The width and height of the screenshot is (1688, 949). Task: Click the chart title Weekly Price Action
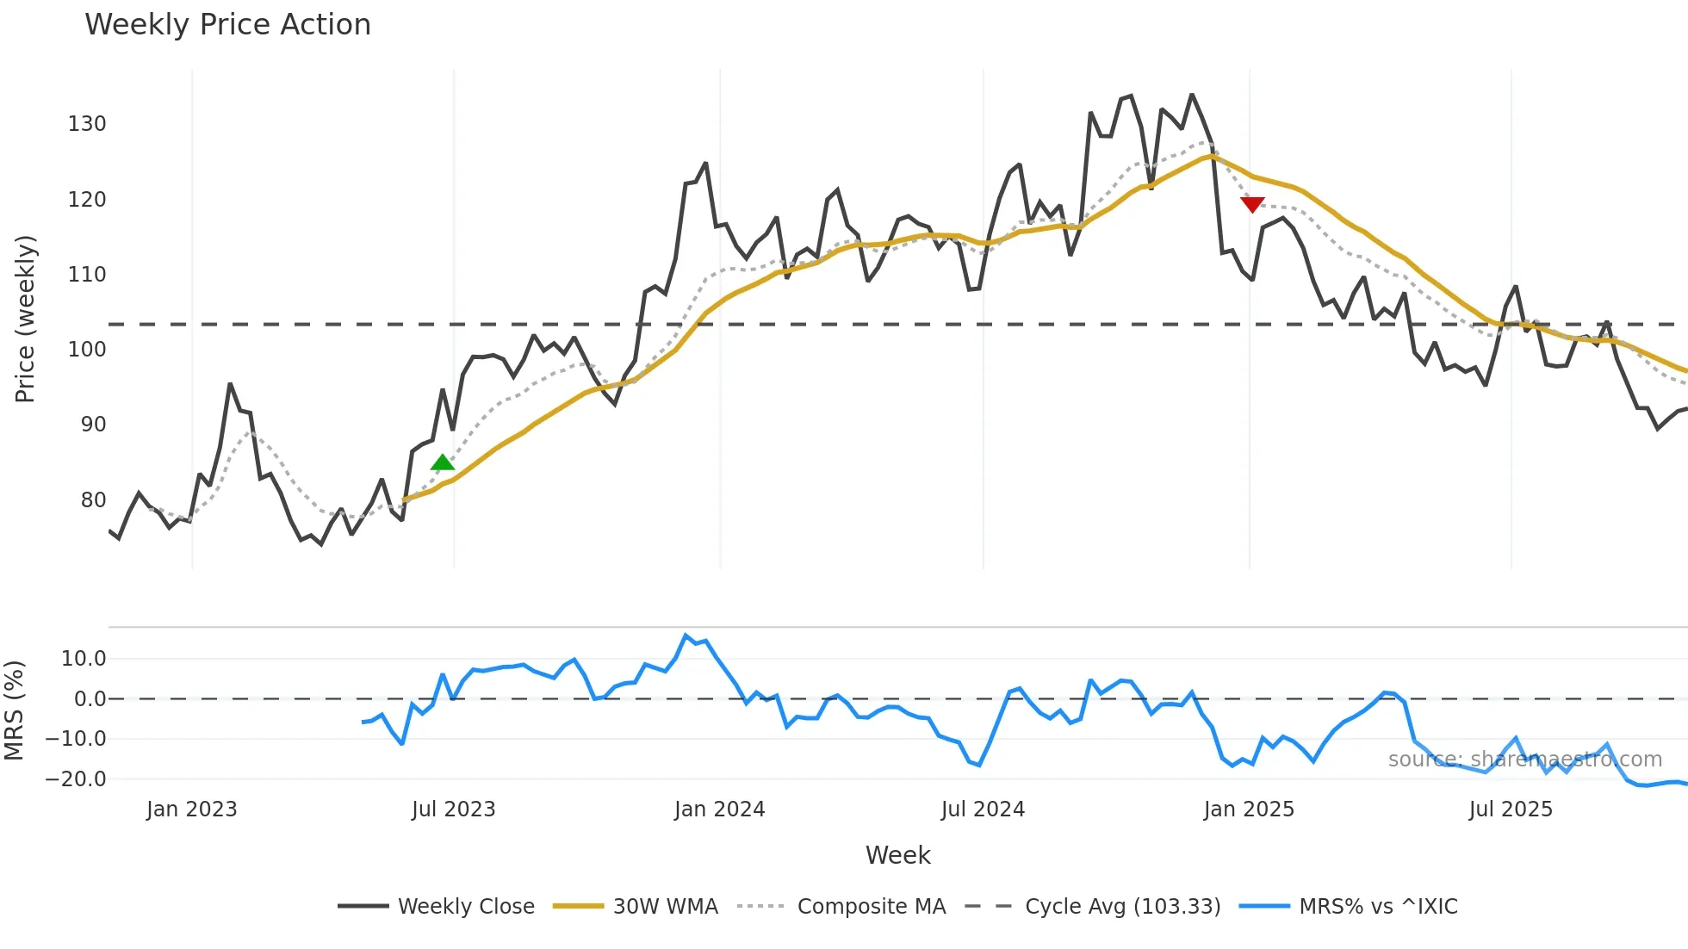coord(227,25)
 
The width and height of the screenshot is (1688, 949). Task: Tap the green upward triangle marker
coord(443,463)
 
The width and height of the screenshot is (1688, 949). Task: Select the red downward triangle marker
coord(1252,204)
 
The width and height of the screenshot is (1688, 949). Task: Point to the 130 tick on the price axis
coord(87,124)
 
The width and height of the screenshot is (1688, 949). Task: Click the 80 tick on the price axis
coord(93,500)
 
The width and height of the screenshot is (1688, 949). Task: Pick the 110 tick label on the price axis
coord(87,275)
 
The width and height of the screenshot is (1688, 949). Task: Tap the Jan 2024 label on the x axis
coord(719,809)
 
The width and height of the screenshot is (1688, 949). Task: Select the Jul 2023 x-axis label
coord(453,809)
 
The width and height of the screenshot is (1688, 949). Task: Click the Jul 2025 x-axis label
coord(1511,809)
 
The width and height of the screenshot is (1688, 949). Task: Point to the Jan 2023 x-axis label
coord(191,809)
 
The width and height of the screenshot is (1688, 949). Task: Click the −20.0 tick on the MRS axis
coord(76,779)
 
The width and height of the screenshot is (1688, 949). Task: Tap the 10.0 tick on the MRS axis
coord(84,659)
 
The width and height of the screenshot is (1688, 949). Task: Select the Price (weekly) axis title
coord(25,319)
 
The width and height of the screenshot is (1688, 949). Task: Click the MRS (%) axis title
coord(14,710)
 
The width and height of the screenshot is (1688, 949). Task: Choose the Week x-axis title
coord(897,855)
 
